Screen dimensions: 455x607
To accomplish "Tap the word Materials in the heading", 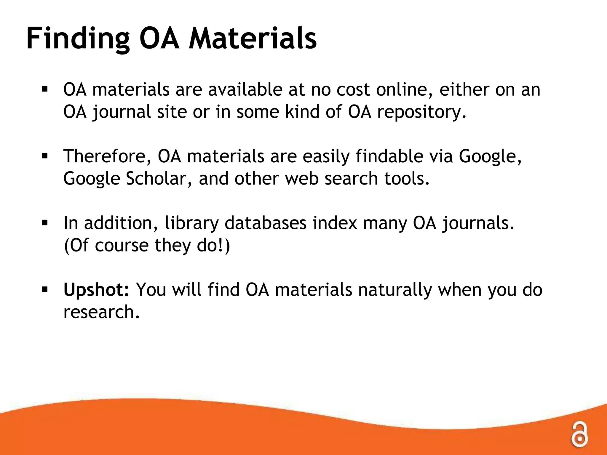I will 253,39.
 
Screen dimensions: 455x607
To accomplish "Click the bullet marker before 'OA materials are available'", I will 45,89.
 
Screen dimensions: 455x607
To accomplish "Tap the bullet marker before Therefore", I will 45,156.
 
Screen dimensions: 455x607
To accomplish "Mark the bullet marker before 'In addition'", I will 45,222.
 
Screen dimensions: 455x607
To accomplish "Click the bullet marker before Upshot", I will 45,289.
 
